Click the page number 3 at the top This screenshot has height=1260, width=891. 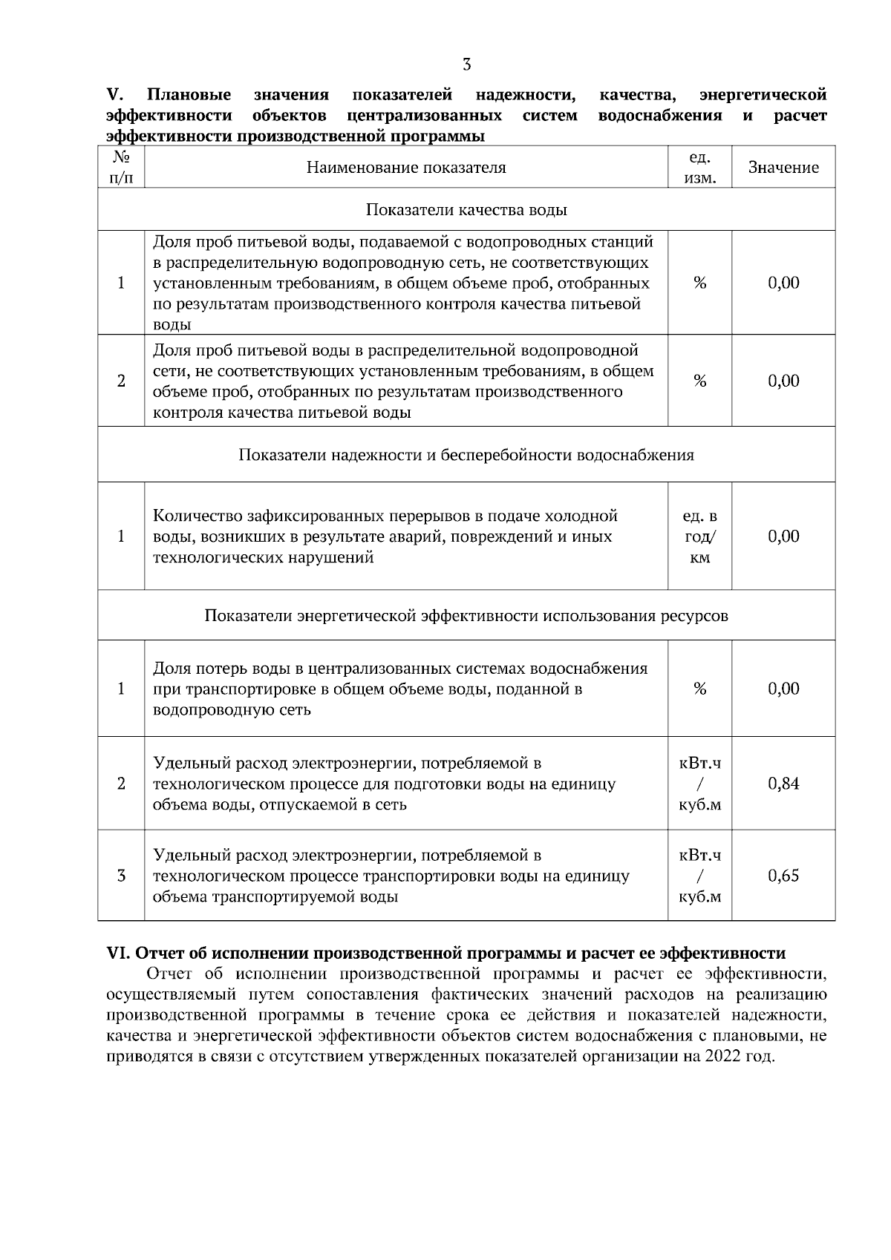pyautogui.click(x=466, y=65)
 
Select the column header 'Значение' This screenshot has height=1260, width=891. pyautogui.click(x=783, y=168)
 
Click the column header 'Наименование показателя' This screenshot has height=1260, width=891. pyautogui.click(x=406, y=168)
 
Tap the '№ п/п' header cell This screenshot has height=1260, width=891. pyautogui.click(x=121, y=168)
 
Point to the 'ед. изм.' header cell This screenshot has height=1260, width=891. pyautogui.click(x=699, y=168)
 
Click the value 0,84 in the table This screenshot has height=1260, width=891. pyautogui.click(x=783, y=784)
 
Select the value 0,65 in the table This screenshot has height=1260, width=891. pyautogui.click(x=783, y=876)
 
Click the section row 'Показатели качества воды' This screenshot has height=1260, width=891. pyautogui.click(x=466, y=210)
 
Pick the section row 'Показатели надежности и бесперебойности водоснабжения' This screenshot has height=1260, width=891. pyautogui.click(x=466, y=455)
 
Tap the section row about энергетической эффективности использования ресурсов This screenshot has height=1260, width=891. pyautogui.click(x=466, y=616)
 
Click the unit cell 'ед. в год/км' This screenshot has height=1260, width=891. pyautogui.click(x=699, y=537)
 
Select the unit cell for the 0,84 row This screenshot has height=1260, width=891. pyautogui.click(x=699, y=784)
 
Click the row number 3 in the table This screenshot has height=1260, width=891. pyautogui.click(x=121, y=876)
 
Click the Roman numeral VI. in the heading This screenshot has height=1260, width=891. pyautogui.click(x=118, y=954)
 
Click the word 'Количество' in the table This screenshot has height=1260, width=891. pyautogui.click(x=198, y=516)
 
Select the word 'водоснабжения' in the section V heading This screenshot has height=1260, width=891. pyautogui.click(x=660, y=116)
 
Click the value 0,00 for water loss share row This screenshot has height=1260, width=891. pyautogui.click(x=783, y=689)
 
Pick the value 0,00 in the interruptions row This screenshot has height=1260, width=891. pyautogui.click(x=783, y=537)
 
